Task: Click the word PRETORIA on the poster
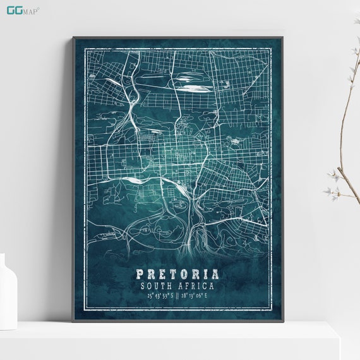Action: pyautogui.click(x=177, y=274)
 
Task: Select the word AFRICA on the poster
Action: pyautogui.click(x=198, y=285)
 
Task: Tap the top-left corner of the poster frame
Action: pyautogui.click(x=73, y=37)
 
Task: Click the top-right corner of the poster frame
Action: pyautogui.click(x=282, y=37)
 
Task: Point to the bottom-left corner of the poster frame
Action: pyautogui.click(x=73, y=321)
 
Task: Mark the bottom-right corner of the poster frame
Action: pyautogui.click(x=282, y=321)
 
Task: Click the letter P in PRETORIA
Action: pyautogui.click(x=140, y=274)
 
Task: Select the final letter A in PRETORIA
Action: pyautogui.click(x=216, y=274)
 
